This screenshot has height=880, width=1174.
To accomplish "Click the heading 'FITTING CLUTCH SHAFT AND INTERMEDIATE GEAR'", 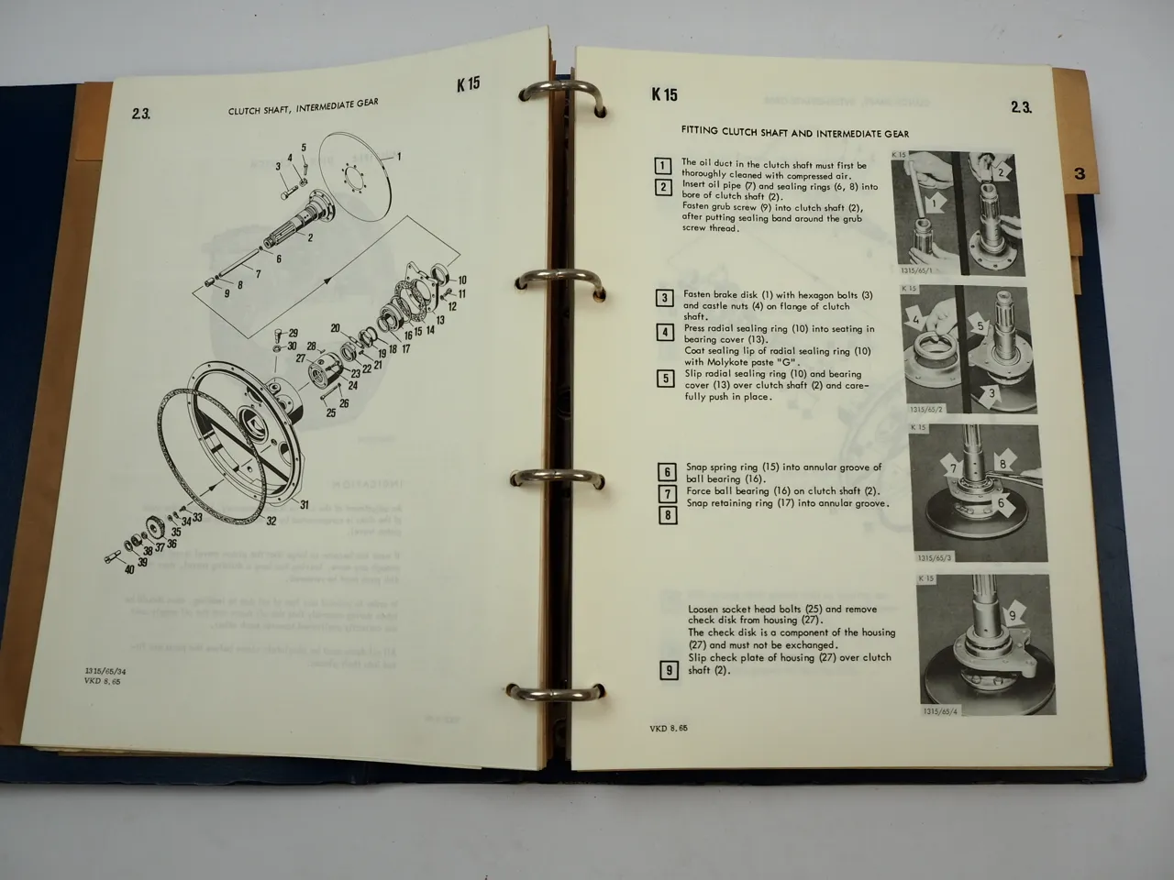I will (x=794, y=133).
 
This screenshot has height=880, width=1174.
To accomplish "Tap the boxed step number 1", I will (x=663, y=167).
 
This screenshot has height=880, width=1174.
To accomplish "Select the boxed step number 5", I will (x=666, y=378).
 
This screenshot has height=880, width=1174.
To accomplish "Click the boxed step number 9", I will (x=669, y=670).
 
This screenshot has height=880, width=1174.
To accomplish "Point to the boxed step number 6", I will (x=668, y=473).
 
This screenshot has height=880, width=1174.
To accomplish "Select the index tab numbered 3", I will (x=1080, y=173).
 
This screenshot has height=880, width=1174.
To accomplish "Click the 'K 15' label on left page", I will (x=468, y=84).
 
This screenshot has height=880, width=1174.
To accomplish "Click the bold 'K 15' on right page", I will (x=664, y=93).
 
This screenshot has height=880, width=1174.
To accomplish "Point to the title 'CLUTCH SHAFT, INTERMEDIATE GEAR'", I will (x=303, y=108).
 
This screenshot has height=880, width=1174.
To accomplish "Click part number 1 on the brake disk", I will (x=398, y=157).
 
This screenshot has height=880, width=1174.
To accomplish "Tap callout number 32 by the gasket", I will (x=271, y=522).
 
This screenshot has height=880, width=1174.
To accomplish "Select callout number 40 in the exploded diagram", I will (x=129, y=570).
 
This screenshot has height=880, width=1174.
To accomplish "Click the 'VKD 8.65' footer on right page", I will (x=669, y=728).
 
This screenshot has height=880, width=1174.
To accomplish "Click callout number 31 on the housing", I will (x=305, y=504).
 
